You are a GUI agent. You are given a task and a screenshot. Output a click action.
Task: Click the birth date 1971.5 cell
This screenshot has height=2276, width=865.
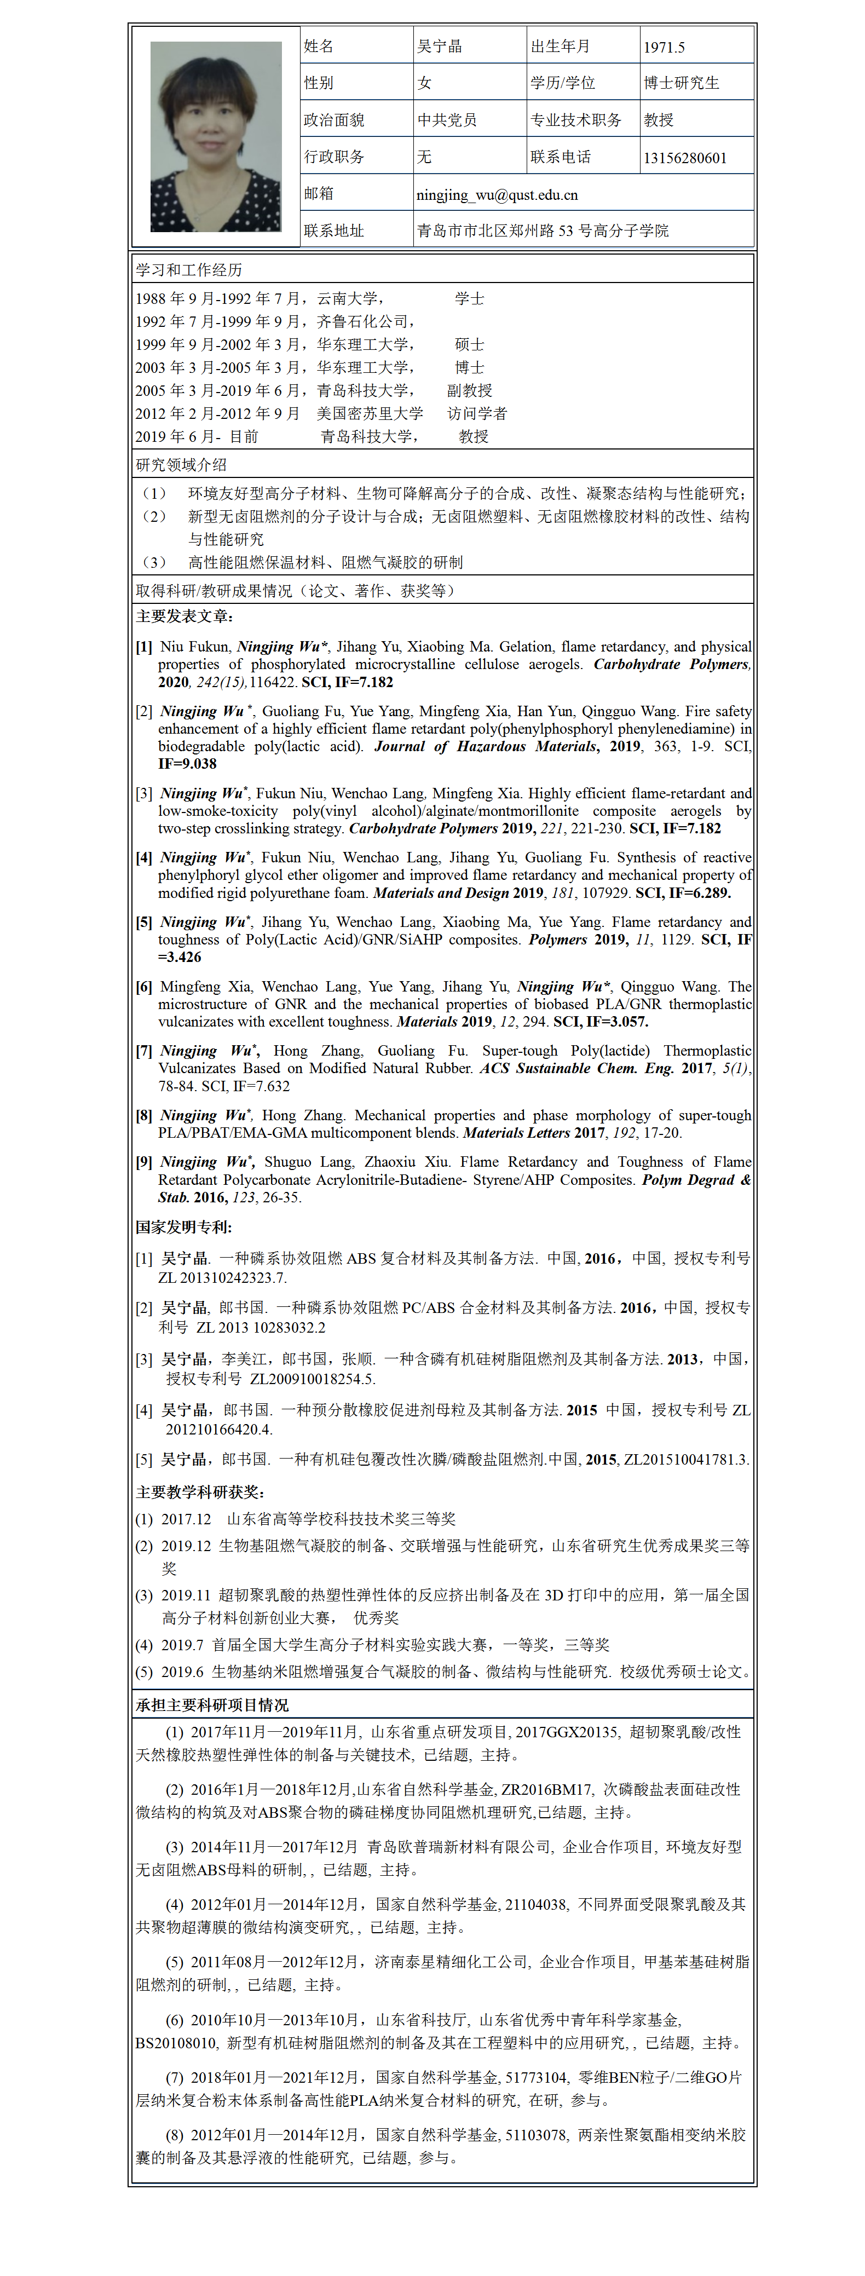point(665,48)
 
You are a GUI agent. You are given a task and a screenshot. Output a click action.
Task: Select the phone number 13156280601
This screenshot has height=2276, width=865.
point(685,158)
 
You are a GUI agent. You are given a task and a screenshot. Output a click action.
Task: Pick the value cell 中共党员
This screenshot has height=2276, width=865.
point(447,120)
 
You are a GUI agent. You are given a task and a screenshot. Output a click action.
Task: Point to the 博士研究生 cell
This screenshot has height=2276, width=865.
point(681,83)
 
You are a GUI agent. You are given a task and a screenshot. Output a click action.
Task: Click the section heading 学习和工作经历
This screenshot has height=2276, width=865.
point(188,269)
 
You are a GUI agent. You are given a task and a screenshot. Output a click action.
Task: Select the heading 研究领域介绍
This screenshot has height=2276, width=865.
point(181,465)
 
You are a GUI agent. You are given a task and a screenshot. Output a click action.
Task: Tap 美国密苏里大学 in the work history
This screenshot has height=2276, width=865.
point(370,413)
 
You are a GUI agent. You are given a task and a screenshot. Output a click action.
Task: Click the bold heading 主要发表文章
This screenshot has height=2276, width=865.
point(184,616)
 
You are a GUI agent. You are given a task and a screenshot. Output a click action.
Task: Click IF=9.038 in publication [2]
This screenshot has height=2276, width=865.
point(187,763)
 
